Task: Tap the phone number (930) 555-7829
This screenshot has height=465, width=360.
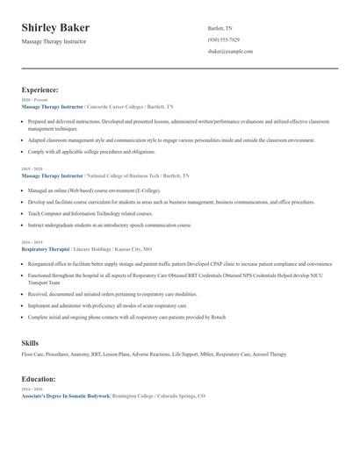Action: tap(223, 39)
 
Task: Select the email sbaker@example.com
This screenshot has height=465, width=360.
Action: tap(230, 52)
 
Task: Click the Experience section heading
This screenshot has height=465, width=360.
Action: tap(40, 89)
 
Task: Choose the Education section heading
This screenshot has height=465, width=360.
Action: tap(40, 379)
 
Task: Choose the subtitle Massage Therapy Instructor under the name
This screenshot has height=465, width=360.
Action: tap(54, 41)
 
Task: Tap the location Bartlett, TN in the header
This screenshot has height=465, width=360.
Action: tap(220, 28)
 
